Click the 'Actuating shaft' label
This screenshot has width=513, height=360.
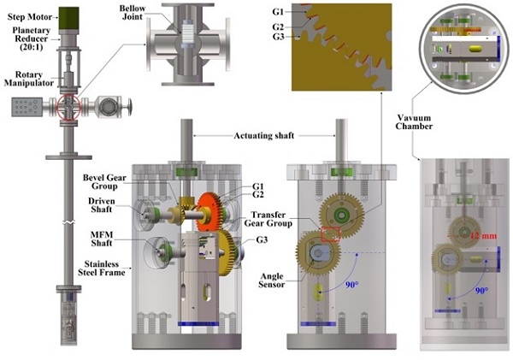[x=263, y=135]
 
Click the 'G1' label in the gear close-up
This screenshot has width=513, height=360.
[x=300, y=12]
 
